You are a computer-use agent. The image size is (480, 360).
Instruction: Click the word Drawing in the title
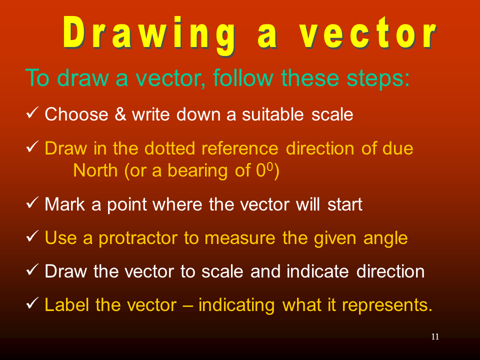[149, 35]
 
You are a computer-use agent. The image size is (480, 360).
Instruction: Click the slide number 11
[435, 336]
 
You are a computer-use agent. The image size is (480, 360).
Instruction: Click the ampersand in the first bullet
[120, 114]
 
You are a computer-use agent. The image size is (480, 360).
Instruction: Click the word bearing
[197, 171]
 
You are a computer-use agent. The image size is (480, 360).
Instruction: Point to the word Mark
[64, 204]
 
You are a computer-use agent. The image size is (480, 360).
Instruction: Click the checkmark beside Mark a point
[32, 202]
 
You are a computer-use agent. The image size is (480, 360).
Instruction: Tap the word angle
[385, 239]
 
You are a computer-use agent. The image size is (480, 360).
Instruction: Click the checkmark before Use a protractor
[32, 236]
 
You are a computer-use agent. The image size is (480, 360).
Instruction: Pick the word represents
[387, 305]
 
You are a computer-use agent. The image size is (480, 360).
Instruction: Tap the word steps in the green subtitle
[378, 78]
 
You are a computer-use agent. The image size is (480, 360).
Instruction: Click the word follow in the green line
[243, 78]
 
